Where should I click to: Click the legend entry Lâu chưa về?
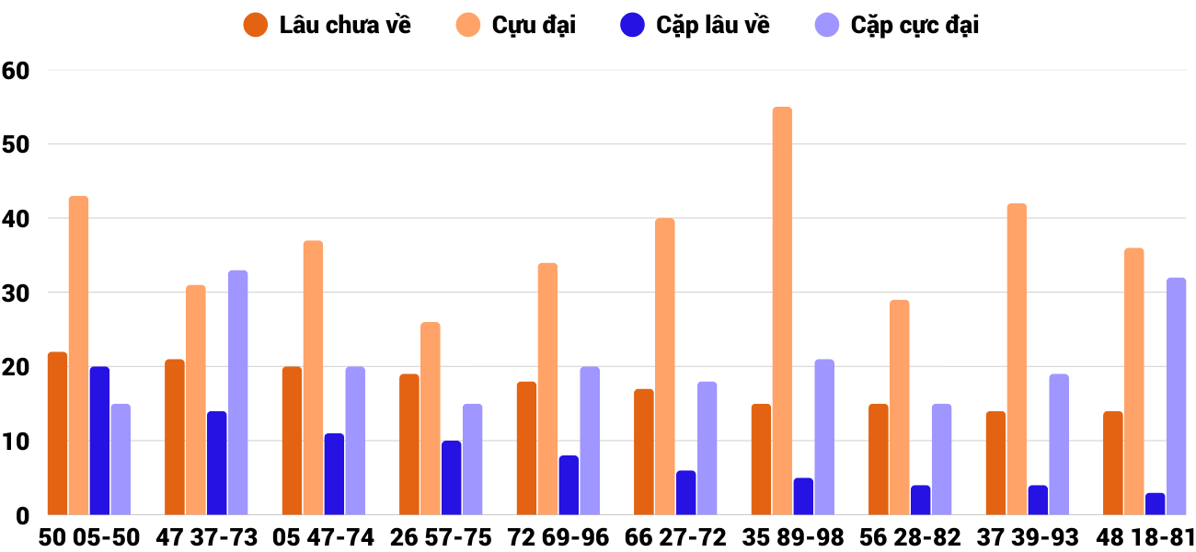(x=328, y=25)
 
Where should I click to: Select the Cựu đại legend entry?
(x=516, y=25)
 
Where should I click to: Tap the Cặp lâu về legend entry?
(x=696, y=25)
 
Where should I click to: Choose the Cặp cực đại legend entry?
(x=897, y=25)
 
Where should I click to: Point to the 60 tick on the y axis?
(x=17, y=70)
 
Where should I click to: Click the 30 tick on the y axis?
(x=17, y=293)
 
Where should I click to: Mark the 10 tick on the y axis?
(x=17, y=442)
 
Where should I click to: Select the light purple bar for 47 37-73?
(x=237, y=393)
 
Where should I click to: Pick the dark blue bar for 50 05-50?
(x=99, y=441)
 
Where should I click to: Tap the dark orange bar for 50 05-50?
(x=58, y=433)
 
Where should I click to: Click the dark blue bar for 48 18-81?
(x=1155, y=504)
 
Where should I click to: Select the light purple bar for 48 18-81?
(x=1176, y=397)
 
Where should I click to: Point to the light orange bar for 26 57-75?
(x=430, y=419)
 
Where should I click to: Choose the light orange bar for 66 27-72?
(x=664, y=367)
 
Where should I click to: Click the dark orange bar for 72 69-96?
(x=526, y=448)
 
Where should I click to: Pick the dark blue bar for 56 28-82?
(x=920, y=500)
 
